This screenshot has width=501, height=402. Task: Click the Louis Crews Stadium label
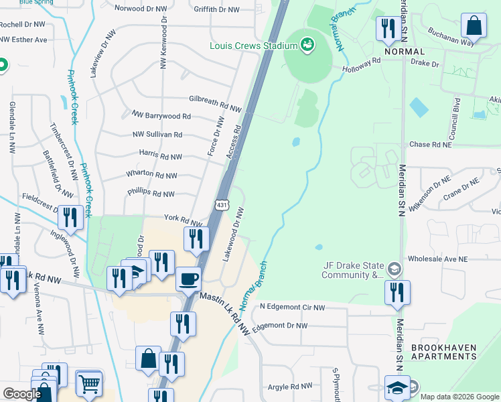coord(253,46)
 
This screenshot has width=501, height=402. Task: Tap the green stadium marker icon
coord(307,45)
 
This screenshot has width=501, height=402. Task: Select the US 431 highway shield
coord(222,204)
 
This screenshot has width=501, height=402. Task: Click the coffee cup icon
coord(188,278)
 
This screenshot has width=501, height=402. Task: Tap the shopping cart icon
coord(88,383)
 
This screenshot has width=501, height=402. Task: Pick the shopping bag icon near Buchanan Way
coord(474,26)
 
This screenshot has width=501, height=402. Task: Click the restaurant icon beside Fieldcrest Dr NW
coord(70,216)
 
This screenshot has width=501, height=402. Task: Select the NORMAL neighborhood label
coord(405,52)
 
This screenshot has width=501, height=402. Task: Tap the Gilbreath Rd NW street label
coord(214,99)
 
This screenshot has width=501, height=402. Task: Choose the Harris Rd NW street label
coord(160,157)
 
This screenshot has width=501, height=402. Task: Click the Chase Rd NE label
coord(429,144)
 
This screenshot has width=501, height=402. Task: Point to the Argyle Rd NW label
coord(290,387)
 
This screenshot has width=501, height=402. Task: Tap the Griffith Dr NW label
coord(216,9)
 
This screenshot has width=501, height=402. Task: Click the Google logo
coord(22,394)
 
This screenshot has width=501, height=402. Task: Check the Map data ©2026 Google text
coord(459,397)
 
